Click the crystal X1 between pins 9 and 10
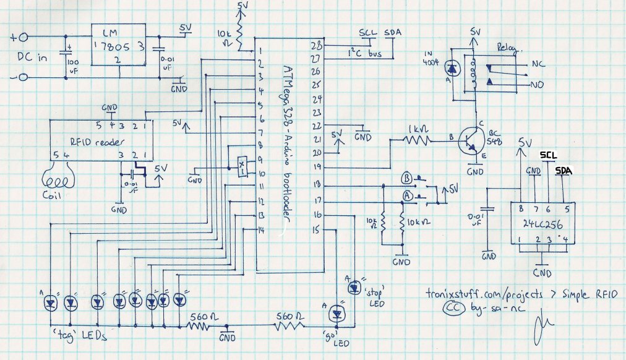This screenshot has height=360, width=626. tap(242, 165)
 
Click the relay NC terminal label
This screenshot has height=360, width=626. tap(538, 64)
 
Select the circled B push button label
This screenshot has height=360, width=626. tap(407, 178)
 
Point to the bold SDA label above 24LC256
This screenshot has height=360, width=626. tap(563, 170)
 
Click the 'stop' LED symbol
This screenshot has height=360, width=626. tap(354, 286)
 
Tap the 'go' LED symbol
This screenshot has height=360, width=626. tap(337, 313)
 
